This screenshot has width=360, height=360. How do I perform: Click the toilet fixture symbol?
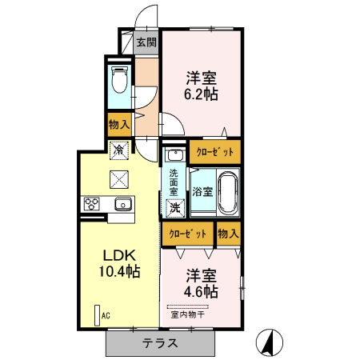pyautogui.click(x=120, y=79)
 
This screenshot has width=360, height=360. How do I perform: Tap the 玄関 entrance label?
pyautogui.click(x=146, y=42)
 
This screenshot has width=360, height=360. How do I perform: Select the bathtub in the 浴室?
pyautogui.click(x=227, y=192)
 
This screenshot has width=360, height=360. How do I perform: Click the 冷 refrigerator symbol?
pyautogui.click(x=119, y=150)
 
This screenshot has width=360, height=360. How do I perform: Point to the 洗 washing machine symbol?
pyautogui.click(x=175, y=208)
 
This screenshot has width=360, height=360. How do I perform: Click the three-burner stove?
pyautogui.click(x=92, y=204)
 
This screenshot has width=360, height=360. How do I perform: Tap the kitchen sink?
pyautogui.click(x=123, y=204)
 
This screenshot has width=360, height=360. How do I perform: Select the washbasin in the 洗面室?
pyautogui.click(x=175, y=154)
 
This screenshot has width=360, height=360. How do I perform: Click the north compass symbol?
pyautogui.click(x=270, y=342)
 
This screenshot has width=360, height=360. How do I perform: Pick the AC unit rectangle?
pyautogui.click(x=98, y=315)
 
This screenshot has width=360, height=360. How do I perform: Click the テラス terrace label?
pyautogui.click(x=160, y=343)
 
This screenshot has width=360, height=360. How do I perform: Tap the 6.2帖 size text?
pyautogui.click(x=201, y=94)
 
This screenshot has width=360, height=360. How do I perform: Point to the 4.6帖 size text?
pyautogui.click(x=201, y=292)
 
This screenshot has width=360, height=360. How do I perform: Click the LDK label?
pyautogui.click(x=120, y=256)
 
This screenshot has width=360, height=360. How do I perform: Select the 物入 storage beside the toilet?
pyautogui.click(x=119, y=125)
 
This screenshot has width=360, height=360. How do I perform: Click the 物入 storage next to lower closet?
pyautogui.click(x=228, y=234)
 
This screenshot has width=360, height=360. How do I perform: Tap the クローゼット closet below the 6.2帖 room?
pyautogui.click(x=215, y=152)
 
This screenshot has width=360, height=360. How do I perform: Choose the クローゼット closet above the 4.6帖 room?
pyautogui.click(x=188, y=234)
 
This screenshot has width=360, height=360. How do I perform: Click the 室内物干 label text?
pyautogui.click(x=188, y=314)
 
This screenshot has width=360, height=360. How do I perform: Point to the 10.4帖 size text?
pyautogui.click(x=120, y=272)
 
